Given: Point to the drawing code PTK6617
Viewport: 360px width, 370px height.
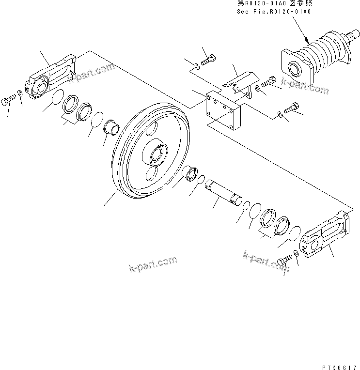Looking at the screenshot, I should click(338, 366).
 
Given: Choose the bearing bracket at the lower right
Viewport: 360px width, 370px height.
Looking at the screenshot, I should click(327, 234).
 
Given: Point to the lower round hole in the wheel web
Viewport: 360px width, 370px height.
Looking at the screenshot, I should click(152, 173).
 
